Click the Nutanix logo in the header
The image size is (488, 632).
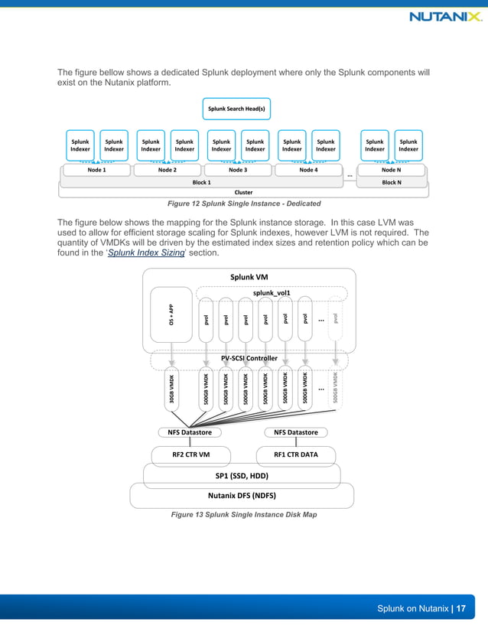445,17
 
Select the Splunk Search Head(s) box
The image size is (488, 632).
237,109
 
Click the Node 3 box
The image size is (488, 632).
238,170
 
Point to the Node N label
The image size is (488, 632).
391,170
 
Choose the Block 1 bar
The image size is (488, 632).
201,182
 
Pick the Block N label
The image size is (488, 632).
391,182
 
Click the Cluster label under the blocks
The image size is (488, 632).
243,192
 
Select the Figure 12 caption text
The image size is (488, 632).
243,203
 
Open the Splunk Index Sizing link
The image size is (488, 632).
146,252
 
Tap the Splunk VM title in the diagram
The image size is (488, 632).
249,276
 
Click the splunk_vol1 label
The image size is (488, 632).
272,292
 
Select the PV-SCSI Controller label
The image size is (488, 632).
249,357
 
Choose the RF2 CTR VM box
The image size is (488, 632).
190,454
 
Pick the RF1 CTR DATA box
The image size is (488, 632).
295,454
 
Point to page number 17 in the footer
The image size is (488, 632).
461,608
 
